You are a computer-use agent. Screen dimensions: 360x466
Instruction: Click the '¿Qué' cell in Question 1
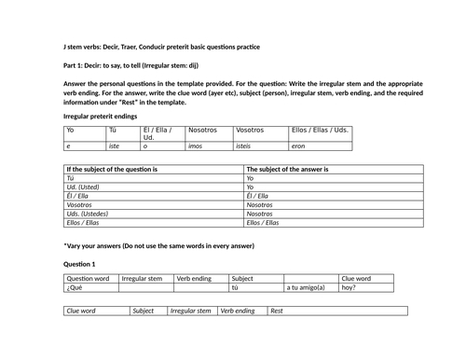74,288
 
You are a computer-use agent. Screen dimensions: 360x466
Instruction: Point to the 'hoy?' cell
349,288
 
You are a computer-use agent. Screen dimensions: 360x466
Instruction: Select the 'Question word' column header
88,278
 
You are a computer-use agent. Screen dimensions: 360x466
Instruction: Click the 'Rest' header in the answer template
276,311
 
